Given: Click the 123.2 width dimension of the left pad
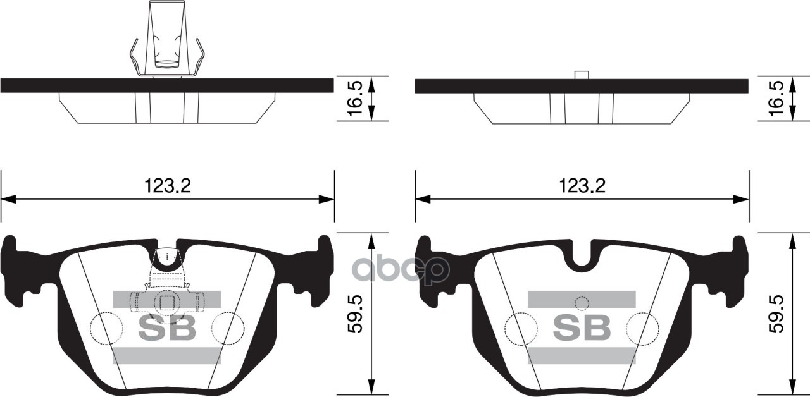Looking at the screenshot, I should click(x=168, y=185).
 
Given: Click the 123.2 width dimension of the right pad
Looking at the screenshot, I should click(x=582, y=185).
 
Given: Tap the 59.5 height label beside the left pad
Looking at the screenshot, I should click(x=356, y=314).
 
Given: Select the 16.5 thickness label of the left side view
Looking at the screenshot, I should click(x=356, y=97).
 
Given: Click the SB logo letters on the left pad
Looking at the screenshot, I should click(x=167, y=327).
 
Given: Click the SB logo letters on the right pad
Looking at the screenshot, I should click(x=582, y=327).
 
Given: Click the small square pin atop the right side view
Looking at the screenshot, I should click(x=582, y=75).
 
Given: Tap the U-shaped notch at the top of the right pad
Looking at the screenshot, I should click(x=582, y=256).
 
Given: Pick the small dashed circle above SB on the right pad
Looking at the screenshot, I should click(x=582, y=303).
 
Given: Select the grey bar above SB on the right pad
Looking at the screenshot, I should click(x=582, y=299).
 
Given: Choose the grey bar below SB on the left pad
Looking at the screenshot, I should click(x=167, y=356).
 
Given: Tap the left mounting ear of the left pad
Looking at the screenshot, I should click(x=16, y=266).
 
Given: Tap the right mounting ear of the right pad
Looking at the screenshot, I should click(x=735, y=266).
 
